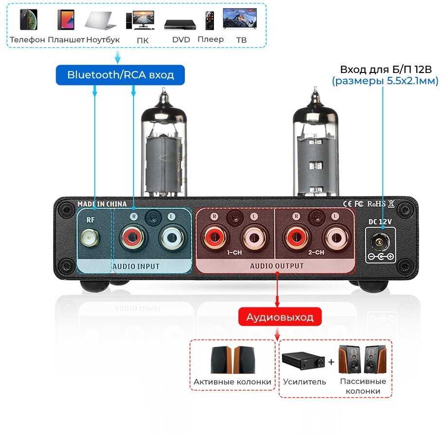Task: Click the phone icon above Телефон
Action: coord(29,19)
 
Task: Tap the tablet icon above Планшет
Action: coord(66,19)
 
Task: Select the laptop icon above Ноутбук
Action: coord(101,21)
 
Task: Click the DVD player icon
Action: coord(180,25)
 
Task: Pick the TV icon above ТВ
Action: coord(240,18)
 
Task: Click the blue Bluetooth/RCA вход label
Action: coord(120,75)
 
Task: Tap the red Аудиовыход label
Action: coord(280,317)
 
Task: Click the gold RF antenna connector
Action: coord(90,237)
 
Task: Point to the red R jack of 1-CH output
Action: coord(214,236)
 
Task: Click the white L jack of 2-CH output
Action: coord(337,237)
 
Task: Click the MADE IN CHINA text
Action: coord(102,204)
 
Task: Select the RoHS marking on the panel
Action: coord(376,204)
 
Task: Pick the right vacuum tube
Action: coord(316,143)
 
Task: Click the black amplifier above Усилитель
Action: coord(303,361)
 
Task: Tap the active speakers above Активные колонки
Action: coord(232,360)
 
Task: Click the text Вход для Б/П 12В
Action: coord(386,70)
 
